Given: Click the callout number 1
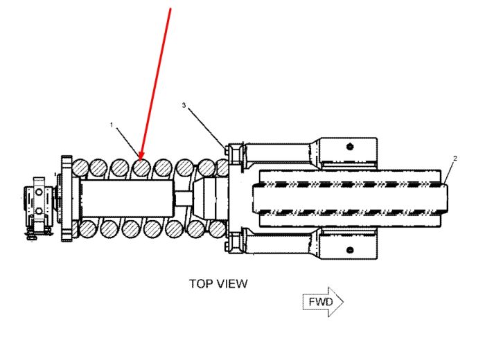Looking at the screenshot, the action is pos(112,125).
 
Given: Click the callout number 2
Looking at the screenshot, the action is pos(455,159).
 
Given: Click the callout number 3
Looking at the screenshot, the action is pos(184,105).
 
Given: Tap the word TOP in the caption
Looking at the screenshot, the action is pos(200,284).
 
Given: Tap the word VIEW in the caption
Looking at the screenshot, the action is pos(231,284).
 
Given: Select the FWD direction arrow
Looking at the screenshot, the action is pos(323,302).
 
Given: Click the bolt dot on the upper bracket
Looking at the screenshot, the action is pos(350,146).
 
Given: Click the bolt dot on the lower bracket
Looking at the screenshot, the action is pos(350,250).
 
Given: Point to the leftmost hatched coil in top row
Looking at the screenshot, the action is pos(80,167).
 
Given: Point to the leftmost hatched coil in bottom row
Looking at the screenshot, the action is pos(87,229).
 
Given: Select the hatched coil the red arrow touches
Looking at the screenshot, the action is pos(141,167).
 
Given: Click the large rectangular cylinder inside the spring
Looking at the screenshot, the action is pos(126,198).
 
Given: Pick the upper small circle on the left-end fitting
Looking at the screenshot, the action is pos(39,192).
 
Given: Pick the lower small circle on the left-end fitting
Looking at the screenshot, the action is pos(39,211).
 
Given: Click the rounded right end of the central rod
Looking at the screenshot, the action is pos(445,198).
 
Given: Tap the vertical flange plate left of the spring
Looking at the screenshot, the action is pos(67,198).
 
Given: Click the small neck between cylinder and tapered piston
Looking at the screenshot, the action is pos(183,198).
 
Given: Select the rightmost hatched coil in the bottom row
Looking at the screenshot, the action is pos(216,229).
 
